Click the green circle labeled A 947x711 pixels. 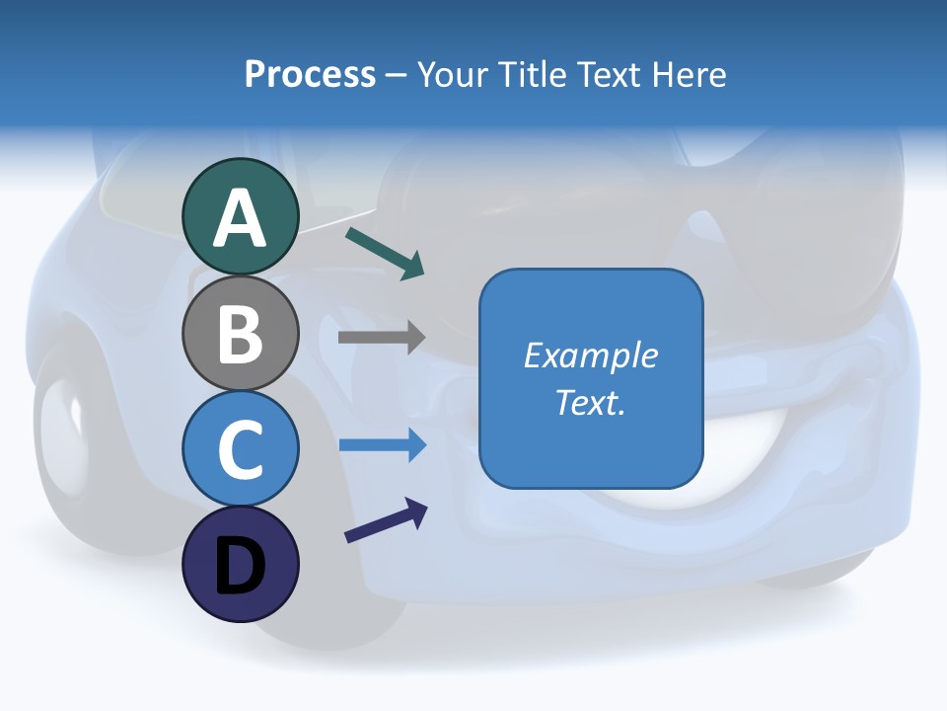(x=240, y=216)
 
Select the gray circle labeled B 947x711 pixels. (x=240, y=333)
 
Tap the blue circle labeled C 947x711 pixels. (x=240, y=448)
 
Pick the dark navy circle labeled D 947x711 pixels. (x=240, y=564)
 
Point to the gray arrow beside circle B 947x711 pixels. (x=382, y=337)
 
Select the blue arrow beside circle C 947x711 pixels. (x=382, y=445)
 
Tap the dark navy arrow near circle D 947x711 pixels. (x=386, y=520)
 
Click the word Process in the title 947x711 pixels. (x=310, y=74)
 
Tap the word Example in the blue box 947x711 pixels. (x=591, y=355)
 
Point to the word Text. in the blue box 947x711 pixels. (x=591, y=402)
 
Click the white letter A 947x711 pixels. (x=240, y=218)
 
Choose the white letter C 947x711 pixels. (x=240, y=450)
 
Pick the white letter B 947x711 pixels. (x=240, y=335)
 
